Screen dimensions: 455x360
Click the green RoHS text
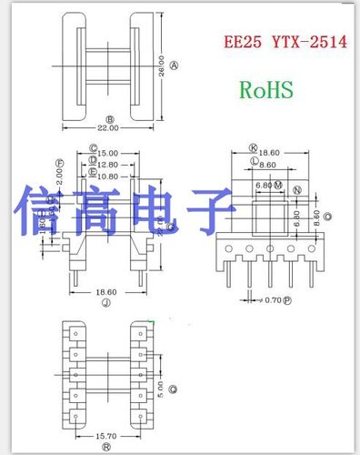[x=265, y=90]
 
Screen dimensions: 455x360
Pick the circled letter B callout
[x=108, y=118]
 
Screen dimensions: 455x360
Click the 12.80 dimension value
[x=109, y=164]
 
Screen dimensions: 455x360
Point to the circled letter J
[x=105, y=301]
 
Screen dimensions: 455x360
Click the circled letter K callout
[x=252, y=147]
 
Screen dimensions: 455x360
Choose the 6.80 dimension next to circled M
[x=262, y=185]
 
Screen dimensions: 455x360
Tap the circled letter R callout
[x=106, y=447]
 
